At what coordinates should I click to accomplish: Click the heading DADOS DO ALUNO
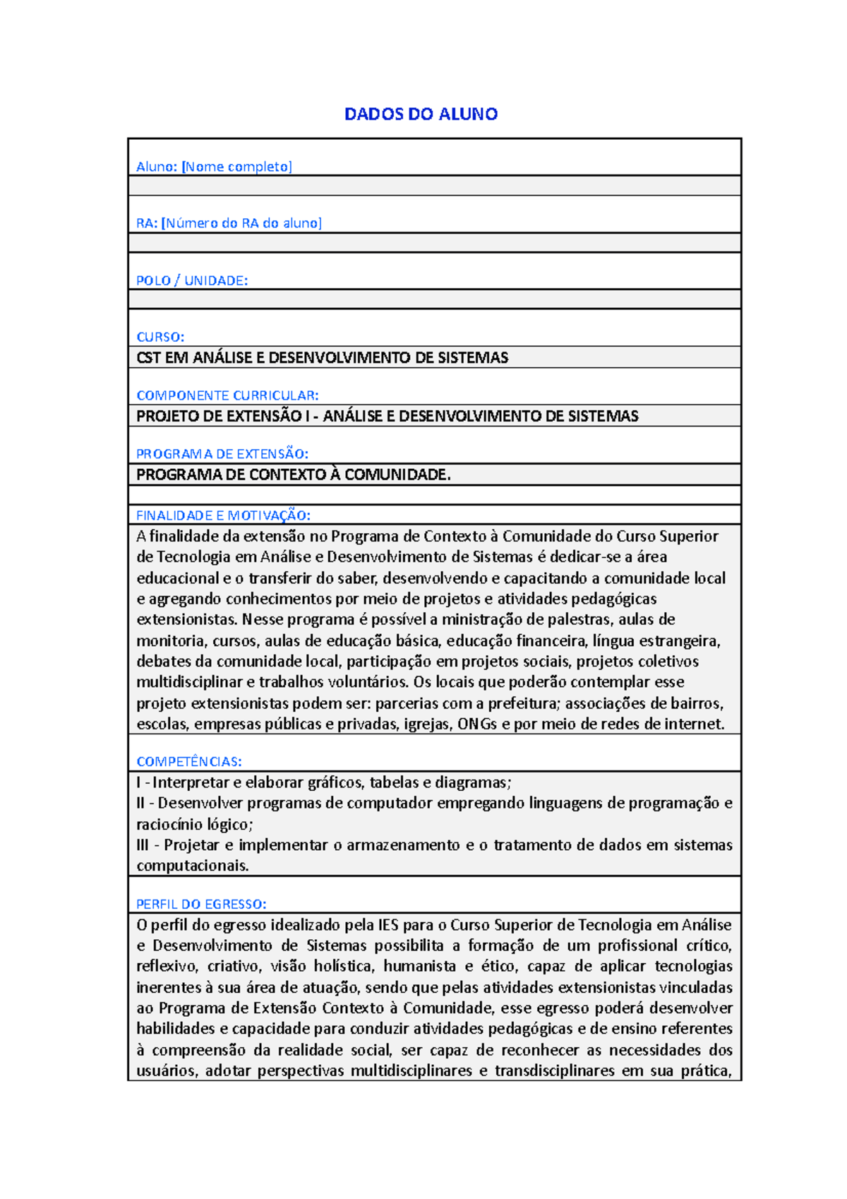(x=421, y=114)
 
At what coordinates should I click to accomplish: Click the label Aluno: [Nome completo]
(x=214, y=167)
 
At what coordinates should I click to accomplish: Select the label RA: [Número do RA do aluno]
(x=229, y=223)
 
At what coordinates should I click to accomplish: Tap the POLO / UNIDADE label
(x=192, y=280)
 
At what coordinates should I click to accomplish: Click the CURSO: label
(x=160, y=337)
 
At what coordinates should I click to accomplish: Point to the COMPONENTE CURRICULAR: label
(x=227, y=395)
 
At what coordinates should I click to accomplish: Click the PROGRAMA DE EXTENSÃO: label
(x=222, y=453)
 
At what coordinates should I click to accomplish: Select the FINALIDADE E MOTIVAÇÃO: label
(x=223, y=515)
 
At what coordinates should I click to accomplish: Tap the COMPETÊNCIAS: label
(x=189, y=761)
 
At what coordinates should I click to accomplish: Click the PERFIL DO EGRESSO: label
(x=201, y=904)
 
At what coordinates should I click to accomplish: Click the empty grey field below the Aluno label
(x=434, y=186)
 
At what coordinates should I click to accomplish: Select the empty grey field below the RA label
(x=434, y=243)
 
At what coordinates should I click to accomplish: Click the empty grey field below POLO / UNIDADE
(x=434, y=299)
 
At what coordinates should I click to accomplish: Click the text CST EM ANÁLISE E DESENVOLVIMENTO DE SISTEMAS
(x=322, y=357)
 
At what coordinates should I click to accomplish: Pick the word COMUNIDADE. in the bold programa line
(x=397, y=475)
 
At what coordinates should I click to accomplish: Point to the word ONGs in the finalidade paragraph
(x=477, y=724)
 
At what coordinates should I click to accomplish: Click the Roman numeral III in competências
(x=143, y=845)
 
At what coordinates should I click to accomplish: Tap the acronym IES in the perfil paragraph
(x=388, y=925)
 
